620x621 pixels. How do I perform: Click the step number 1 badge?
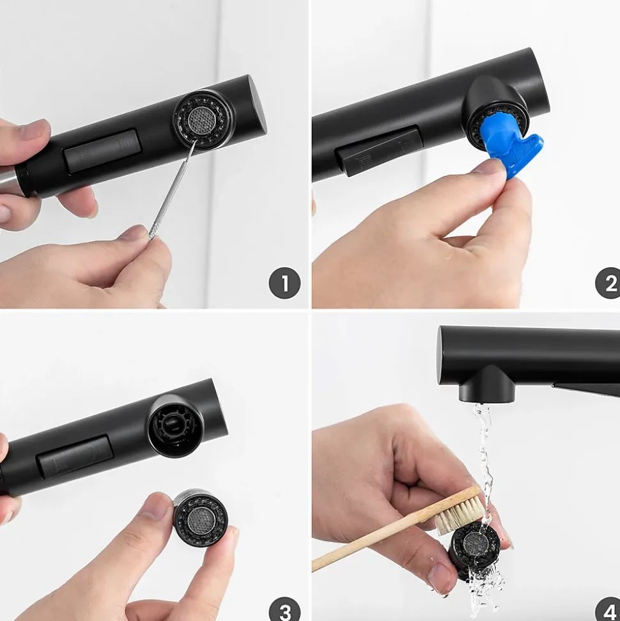284,283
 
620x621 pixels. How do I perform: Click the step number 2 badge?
608,283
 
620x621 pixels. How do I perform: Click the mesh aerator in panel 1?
203,119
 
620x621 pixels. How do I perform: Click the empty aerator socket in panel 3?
174,426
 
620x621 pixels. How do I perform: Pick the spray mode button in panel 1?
102,150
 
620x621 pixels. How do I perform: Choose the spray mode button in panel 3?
75,456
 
